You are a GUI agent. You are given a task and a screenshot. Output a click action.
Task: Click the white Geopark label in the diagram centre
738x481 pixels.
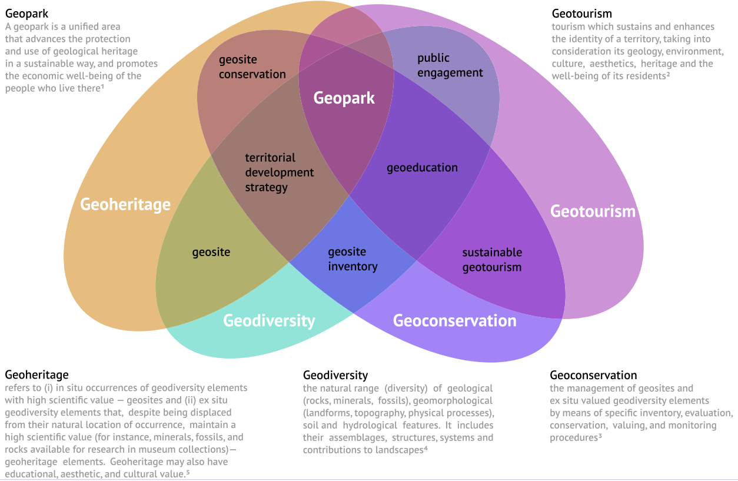344,98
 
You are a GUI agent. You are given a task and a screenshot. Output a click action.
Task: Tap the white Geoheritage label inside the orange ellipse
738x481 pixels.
125,204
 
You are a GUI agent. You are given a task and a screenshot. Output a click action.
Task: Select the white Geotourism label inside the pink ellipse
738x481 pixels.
593,211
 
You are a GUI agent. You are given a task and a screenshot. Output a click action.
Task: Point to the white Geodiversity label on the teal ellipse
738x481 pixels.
269,321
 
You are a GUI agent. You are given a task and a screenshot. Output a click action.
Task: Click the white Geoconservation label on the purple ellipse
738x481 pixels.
454,321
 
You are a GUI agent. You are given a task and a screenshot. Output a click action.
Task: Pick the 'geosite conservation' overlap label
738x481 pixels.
252,67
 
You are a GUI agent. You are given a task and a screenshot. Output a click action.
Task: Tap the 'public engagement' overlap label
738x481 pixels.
450,65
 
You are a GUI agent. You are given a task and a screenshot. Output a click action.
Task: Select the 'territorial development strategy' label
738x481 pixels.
279,173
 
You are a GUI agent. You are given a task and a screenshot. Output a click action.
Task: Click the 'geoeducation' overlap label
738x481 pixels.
422,168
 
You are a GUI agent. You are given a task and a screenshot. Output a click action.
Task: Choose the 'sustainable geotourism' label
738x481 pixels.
492,260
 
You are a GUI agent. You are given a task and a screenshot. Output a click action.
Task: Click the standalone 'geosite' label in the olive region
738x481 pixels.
211,253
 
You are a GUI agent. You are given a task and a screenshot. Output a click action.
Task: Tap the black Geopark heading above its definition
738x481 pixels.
27,13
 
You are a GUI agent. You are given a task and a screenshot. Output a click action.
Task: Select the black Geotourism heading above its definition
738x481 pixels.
581,13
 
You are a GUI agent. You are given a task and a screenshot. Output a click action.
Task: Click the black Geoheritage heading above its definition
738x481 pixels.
36,374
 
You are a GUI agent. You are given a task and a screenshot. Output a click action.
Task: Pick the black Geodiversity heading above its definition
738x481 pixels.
335,375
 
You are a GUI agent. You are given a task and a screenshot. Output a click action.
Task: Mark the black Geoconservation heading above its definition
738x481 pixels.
593,375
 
